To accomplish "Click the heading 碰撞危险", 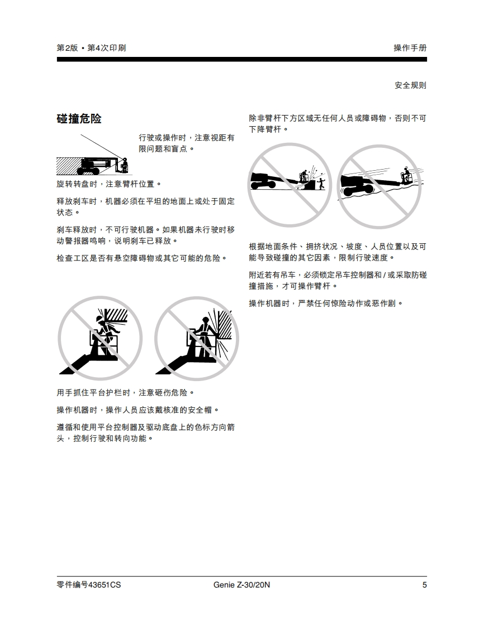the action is [79, 119].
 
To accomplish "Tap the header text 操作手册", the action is [410, 48].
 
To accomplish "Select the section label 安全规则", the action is [410, 85].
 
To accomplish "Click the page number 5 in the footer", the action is [424, 585].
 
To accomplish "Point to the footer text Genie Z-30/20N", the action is [241, 585].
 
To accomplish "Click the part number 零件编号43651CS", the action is [88, 585].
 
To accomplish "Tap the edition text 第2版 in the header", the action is [67, 48].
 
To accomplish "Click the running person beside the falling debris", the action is [321, 185].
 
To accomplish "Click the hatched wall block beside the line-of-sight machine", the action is [68, 166].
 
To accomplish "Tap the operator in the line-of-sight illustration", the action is [125, 164].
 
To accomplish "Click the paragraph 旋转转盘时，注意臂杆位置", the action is [108, 184].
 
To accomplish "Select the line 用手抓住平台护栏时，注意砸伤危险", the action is [125, 393].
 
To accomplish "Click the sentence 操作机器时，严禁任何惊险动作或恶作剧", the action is [326, 304].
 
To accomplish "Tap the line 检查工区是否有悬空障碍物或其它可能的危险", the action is [141, 258].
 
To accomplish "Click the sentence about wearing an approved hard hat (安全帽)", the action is [137, 410].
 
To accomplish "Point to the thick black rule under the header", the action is [241, 60].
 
